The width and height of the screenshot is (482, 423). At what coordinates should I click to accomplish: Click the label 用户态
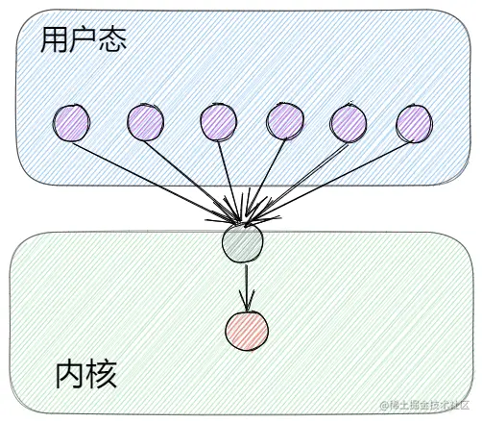pos(84,39)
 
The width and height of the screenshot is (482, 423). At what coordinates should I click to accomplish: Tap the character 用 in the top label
pos(54,39)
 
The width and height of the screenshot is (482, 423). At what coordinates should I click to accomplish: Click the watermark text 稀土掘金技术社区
pos(428,409)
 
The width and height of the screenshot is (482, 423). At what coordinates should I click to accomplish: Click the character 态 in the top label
pos(113,39)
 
